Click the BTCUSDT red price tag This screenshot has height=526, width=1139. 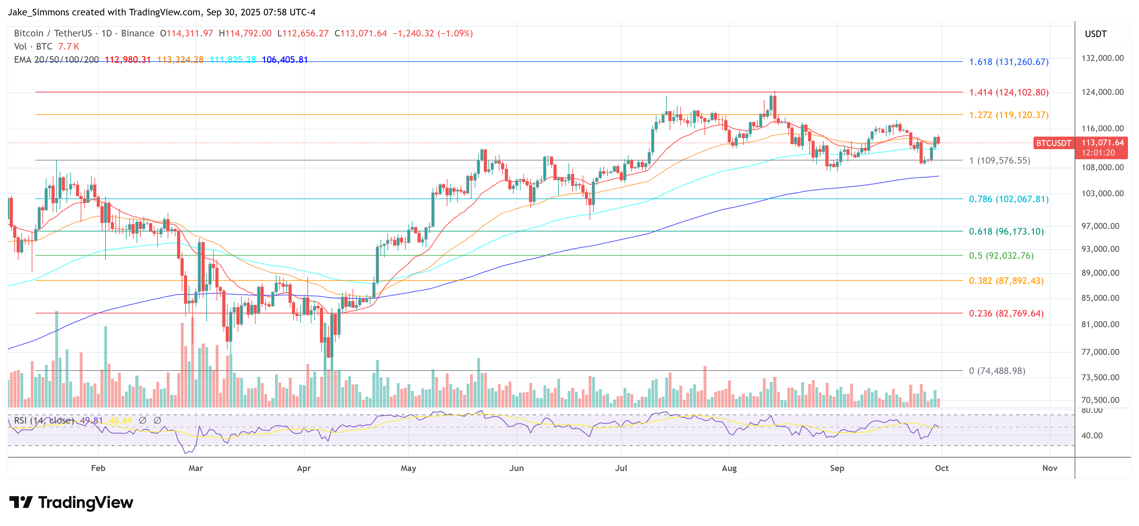tap(1054, 143)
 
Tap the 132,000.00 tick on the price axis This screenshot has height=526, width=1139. tap(1102, 58)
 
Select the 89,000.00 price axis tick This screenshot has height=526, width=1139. tap(1102, 273)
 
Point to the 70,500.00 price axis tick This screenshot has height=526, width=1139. tap(1102, 400)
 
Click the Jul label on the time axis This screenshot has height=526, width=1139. tap(621, 468)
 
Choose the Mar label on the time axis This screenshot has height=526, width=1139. tap(196, 468)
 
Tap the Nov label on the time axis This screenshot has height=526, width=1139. tap(1050, 468)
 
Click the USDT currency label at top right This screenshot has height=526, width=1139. tap(1096, 34)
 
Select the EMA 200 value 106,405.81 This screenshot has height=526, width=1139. tap(285, 60)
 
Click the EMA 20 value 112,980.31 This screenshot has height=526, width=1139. tap(128, 60)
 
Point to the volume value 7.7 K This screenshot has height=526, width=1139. tap(68, 46)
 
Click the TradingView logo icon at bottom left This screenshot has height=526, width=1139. tap(21, 502)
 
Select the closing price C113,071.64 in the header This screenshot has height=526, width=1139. tap(361, 34)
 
